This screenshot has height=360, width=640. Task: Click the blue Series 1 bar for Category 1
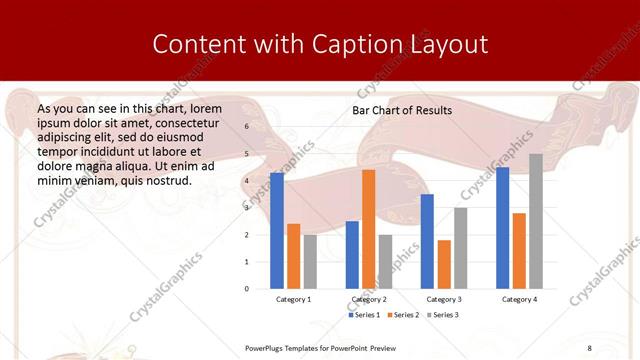(x=277, y=231)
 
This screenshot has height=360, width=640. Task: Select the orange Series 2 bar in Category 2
(x=368, y=229)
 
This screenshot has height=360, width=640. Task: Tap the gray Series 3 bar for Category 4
(x=536, y=221)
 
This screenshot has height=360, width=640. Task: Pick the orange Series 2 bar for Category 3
(x=444, y=264)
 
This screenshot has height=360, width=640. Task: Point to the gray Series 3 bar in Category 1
(x=310, y=262)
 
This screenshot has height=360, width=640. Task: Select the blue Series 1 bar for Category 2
(x=352, y=255)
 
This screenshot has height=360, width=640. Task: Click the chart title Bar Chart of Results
(x=402, y=110)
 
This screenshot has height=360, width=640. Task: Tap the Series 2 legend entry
(x=403, y=315)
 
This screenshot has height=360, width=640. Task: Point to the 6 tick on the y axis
(x=246, y=127)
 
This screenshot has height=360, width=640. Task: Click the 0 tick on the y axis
(x=246, y=289)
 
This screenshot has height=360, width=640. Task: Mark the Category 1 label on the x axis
(x=294, y=299)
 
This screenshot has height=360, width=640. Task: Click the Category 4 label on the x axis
(x=519, y=299)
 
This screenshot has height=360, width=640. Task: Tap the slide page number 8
(x=589, y=347)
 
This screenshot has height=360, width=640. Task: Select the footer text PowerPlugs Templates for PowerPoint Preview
(x=320, y=347)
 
